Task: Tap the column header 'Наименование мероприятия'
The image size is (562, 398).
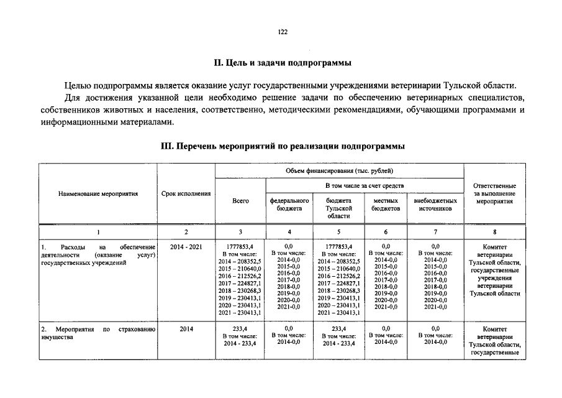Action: coord(98,194)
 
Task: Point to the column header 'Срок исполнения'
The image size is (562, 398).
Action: coord(186,194)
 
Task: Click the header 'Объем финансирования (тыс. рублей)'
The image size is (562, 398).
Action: coord(339,170)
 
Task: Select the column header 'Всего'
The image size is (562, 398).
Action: coord(240,201)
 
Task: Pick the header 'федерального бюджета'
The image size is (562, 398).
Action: coord(289,205)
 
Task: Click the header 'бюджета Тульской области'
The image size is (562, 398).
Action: coord(339,208)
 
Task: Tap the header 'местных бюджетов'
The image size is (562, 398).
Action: coord(386,205)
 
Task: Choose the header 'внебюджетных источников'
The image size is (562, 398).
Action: coord(435,205)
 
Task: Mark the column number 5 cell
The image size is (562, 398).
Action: coord(339,232)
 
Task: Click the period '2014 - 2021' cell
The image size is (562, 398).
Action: coord(186,247)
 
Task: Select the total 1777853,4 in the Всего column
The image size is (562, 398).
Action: coord(240,247)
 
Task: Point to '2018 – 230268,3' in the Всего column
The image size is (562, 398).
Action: coord(240,290)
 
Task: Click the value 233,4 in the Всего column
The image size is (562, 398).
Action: coord(240,328)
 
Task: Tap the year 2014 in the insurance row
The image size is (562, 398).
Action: coord(186,328)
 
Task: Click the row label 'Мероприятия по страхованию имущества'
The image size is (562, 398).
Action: coord(98,333)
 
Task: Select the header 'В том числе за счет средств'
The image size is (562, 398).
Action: coord(364,186)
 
